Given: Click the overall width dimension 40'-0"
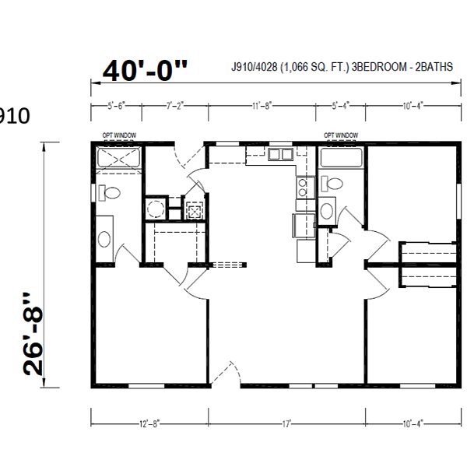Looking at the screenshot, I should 146,71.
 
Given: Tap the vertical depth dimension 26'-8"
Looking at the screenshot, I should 35,335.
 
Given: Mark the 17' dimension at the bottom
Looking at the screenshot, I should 287,423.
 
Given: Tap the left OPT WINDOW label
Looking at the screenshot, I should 119,135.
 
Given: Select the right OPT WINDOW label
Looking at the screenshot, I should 341,135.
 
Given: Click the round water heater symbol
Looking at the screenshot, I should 156,209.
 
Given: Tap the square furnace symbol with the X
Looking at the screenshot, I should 193,209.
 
